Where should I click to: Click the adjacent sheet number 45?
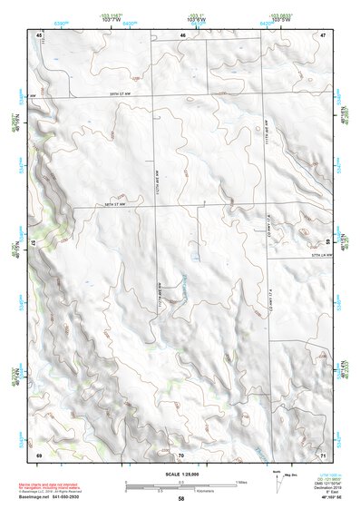(40, 34)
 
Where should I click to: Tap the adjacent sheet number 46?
(182, 34)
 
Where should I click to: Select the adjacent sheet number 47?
(323, 34)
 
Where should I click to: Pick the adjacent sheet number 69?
(40, 453)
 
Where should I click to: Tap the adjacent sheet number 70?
(181, 453)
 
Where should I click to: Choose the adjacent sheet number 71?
(323, 453)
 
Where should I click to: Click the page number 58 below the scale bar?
(181, 498)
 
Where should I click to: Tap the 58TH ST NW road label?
(117, 206)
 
